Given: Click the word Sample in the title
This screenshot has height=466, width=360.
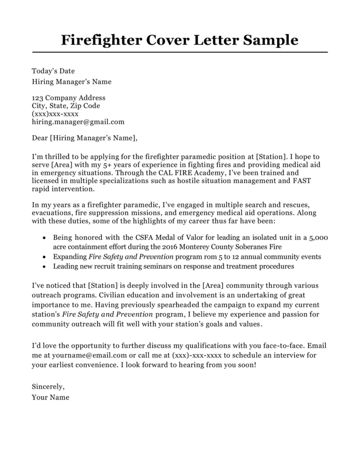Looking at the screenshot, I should click(270, 40).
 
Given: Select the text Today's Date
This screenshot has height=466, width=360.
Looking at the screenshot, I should click(53, 71).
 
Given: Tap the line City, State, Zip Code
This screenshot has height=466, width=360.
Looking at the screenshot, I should click(66, 106).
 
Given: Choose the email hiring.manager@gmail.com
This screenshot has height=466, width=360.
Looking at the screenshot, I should click(78, 122).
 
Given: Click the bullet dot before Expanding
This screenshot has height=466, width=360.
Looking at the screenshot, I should click(44, 257).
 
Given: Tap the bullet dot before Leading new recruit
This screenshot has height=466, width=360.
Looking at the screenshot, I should click(44, 267).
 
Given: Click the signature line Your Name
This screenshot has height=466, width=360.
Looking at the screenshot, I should click(50, 397).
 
